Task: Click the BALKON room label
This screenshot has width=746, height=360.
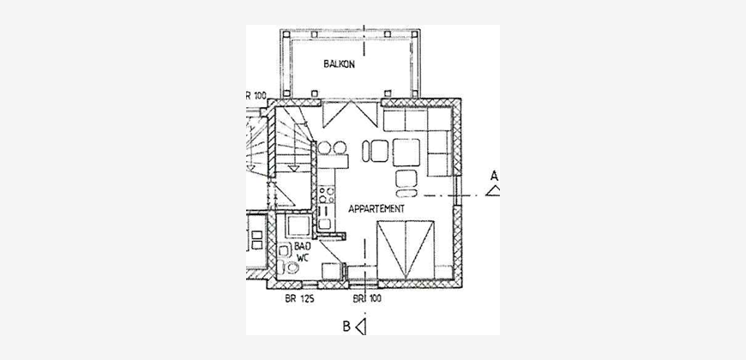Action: (x=340, y=63)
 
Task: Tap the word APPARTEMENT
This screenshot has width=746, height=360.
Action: (x=376, y=209)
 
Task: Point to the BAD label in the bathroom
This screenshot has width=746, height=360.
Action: (x=303, y=246)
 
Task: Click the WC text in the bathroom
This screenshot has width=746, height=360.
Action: (x=303, y=257)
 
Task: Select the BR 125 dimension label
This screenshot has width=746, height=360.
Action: (x=300, y=298)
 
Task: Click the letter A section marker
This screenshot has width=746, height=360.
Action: (x=494, y=176)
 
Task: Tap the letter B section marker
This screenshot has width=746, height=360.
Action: (x=346, y=327)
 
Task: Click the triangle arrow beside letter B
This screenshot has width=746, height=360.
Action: (x=361, y=327)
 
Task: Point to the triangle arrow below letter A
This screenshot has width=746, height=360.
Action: (x=493, y=191)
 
